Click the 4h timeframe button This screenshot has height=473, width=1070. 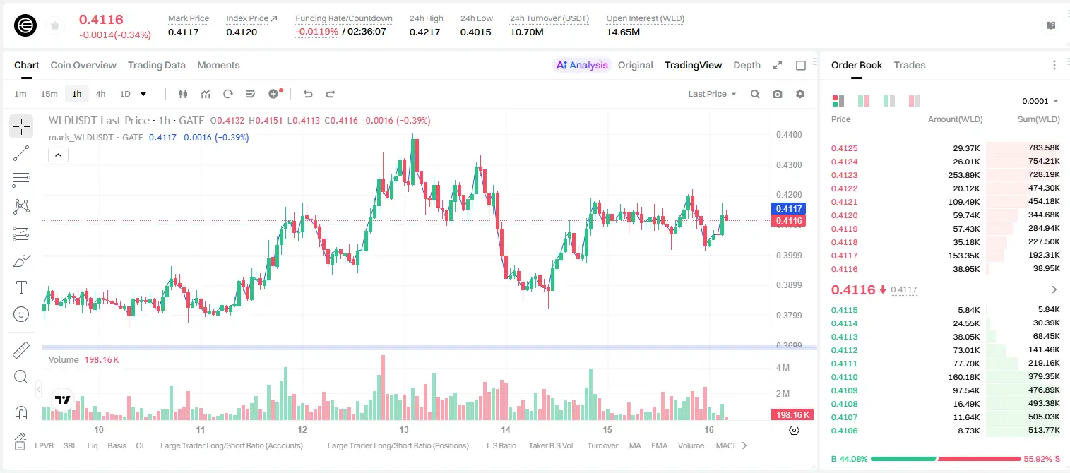pos(100,94)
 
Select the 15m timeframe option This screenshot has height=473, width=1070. pos(49,94)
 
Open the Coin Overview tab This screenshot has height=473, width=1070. pos(83,65)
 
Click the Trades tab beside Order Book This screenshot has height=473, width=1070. pos(910,65)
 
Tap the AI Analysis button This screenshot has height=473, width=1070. pos(582,65)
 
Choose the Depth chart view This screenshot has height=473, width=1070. pos(747,65)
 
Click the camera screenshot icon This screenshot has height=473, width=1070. pos(778,94)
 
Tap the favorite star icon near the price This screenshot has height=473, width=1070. pos(55,25)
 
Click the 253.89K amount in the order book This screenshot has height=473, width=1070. pos(963,175)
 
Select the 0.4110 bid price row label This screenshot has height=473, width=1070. pos(845,377)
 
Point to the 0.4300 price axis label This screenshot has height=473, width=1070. pos(789,165)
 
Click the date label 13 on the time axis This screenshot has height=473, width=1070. pos(404,429)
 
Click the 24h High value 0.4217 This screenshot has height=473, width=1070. pos(424,32)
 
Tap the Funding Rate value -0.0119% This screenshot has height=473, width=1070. pos(316,32)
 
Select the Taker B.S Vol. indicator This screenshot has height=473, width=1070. pos(552,445)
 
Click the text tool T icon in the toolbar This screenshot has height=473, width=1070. pos(21,287)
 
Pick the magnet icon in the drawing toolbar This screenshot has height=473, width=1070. pos(21,412)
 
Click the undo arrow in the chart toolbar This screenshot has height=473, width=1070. pos(308,94)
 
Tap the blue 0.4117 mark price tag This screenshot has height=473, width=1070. pos(789,208)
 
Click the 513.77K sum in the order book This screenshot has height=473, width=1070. pos(1044,430)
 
